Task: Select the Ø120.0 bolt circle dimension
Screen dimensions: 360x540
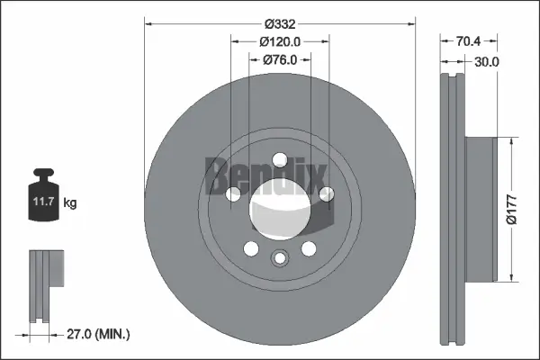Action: pyautogui.click(x=279, y=40)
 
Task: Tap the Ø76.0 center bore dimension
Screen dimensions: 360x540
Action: pyautogui.click(x=280, y=59)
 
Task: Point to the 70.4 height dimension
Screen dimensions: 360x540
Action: pyautogui.click(x=467, y=40)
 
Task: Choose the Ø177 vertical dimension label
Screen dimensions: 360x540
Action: pyautogui.click(x=510, y=208)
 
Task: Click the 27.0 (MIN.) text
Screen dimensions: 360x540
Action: pyautogui.click(x=99, y=334)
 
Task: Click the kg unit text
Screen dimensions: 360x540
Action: pyautogui.click(x=70, y=203)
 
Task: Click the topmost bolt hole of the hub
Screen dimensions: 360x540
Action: pyautogui.click(x=280, y=160)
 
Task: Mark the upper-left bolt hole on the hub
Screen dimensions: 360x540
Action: pyautogui.click(x=233, y=193)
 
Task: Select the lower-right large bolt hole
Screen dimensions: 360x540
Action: pyautogui.click(x=309, y=249)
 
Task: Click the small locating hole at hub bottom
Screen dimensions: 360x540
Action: pyautogui.click(x=280, y=259)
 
